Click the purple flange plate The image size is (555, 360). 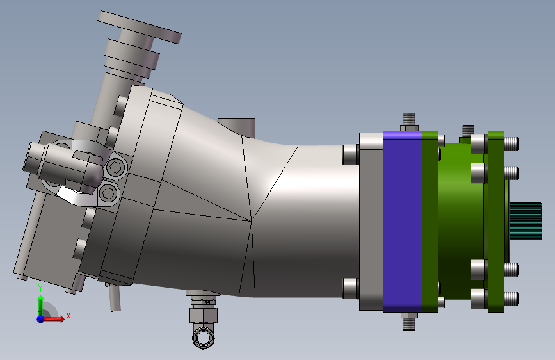[403, 222]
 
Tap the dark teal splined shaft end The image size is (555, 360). [526, 221]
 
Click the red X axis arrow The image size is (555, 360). [53, 319]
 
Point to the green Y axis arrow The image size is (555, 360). [41, 304]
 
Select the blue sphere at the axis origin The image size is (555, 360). [41, 319]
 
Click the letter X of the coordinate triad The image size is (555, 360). [68, 316]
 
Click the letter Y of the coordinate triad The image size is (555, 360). [40, 288]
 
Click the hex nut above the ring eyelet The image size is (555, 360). [204, 315]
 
